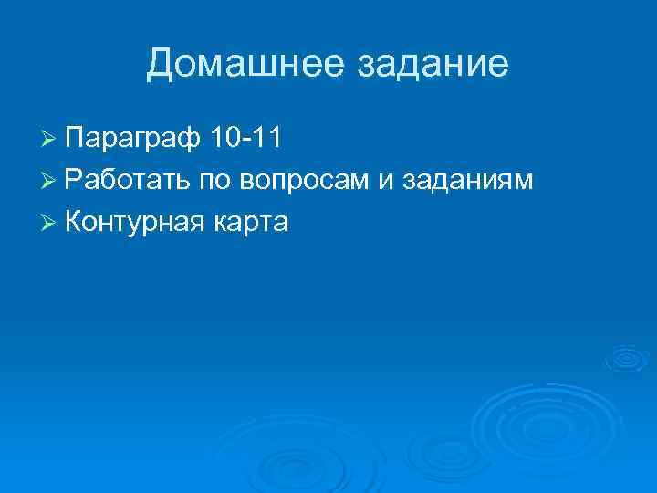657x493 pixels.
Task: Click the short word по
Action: [x=217, y=181]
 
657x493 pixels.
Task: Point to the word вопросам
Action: [x=305, y=181]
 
